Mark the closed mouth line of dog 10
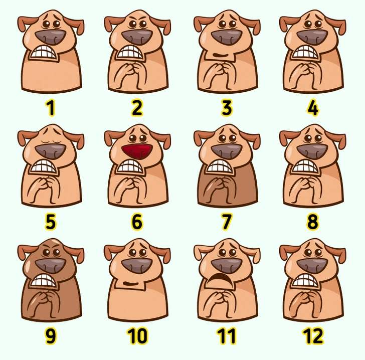(x=131, y=284)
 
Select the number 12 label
(x=312, y=336)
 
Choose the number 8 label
(x=312, y=221)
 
